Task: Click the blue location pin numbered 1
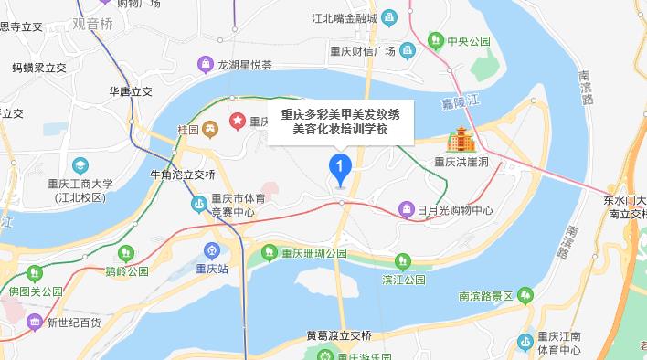point(340,168)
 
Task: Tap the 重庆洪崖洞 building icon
point(456,141)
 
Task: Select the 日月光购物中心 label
point(454,210)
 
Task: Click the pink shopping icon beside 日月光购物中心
point(405,210)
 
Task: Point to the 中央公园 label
point(469,41)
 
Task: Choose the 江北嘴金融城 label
point(344,17)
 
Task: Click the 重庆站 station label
point(212,269)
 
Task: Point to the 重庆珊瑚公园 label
point(315,252)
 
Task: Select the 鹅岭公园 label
point(127,270)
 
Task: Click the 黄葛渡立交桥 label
point(342,336)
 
